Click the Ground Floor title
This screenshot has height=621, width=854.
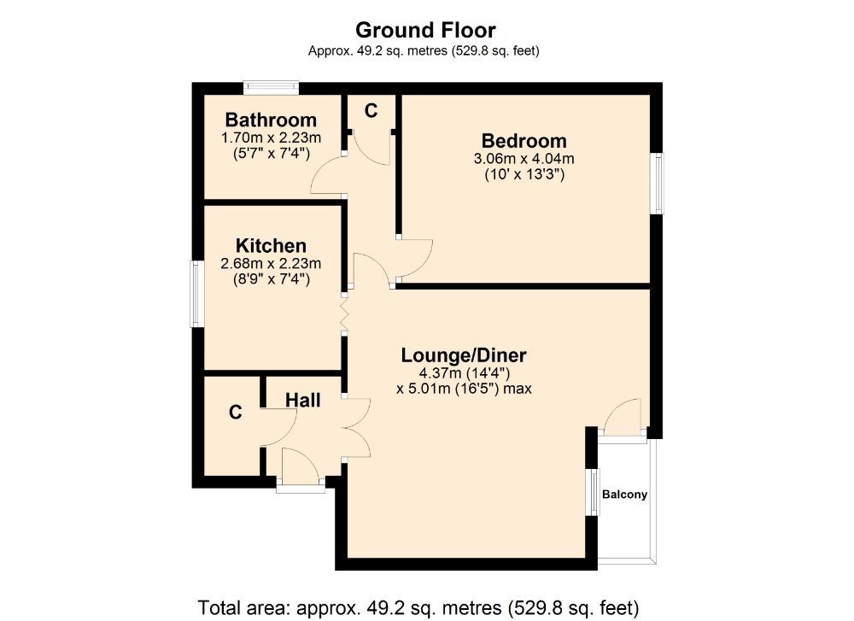425,29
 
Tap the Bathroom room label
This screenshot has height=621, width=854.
271,120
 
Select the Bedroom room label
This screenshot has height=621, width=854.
524,141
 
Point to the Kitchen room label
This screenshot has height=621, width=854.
271,246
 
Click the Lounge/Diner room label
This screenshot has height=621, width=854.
464,355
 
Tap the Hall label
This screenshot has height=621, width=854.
303,401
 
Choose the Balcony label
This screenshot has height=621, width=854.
625,495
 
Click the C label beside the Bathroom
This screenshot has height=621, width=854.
371,111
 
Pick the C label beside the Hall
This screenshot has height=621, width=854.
236,413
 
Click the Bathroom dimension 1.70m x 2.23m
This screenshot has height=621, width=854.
271,138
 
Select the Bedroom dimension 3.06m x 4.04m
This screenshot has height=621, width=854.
524,159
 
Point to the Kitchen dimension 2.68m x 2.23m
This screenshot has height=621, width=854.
271,264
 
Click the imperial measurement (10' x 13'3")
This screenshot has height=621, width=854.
524,174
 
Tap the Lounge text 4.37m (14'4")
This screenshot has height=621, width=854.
464,373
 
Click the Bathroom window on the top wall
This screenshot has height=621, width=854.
271,87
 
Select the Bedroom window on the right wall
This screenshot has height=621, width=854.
658,184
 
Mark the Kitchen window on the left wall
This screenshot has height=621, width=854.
196,294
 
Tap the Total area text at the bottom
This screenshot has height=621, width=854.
418,607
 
